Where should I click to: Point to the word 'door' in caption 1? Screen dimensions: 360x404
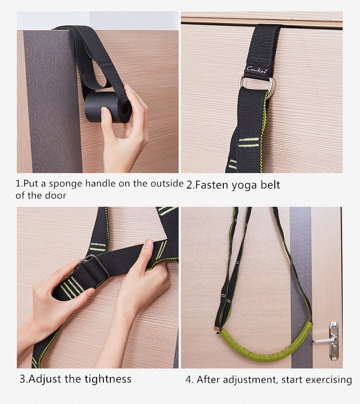point(56,195)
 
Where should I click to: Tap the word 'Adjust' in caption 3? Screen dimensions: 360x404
point(46,379)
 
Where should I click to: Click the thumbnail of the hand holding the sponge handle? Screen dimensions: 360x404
point(98,92)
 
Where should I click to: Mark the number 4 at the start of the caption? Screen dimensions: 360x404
point(189,379)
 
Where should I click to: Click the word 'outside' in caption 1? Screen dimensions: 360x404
point(167,183)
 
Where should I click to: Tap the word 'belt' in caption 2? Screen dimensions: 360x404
point(270,185)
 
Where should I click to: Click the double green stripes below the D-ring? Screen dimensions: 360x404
point(248,143)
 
